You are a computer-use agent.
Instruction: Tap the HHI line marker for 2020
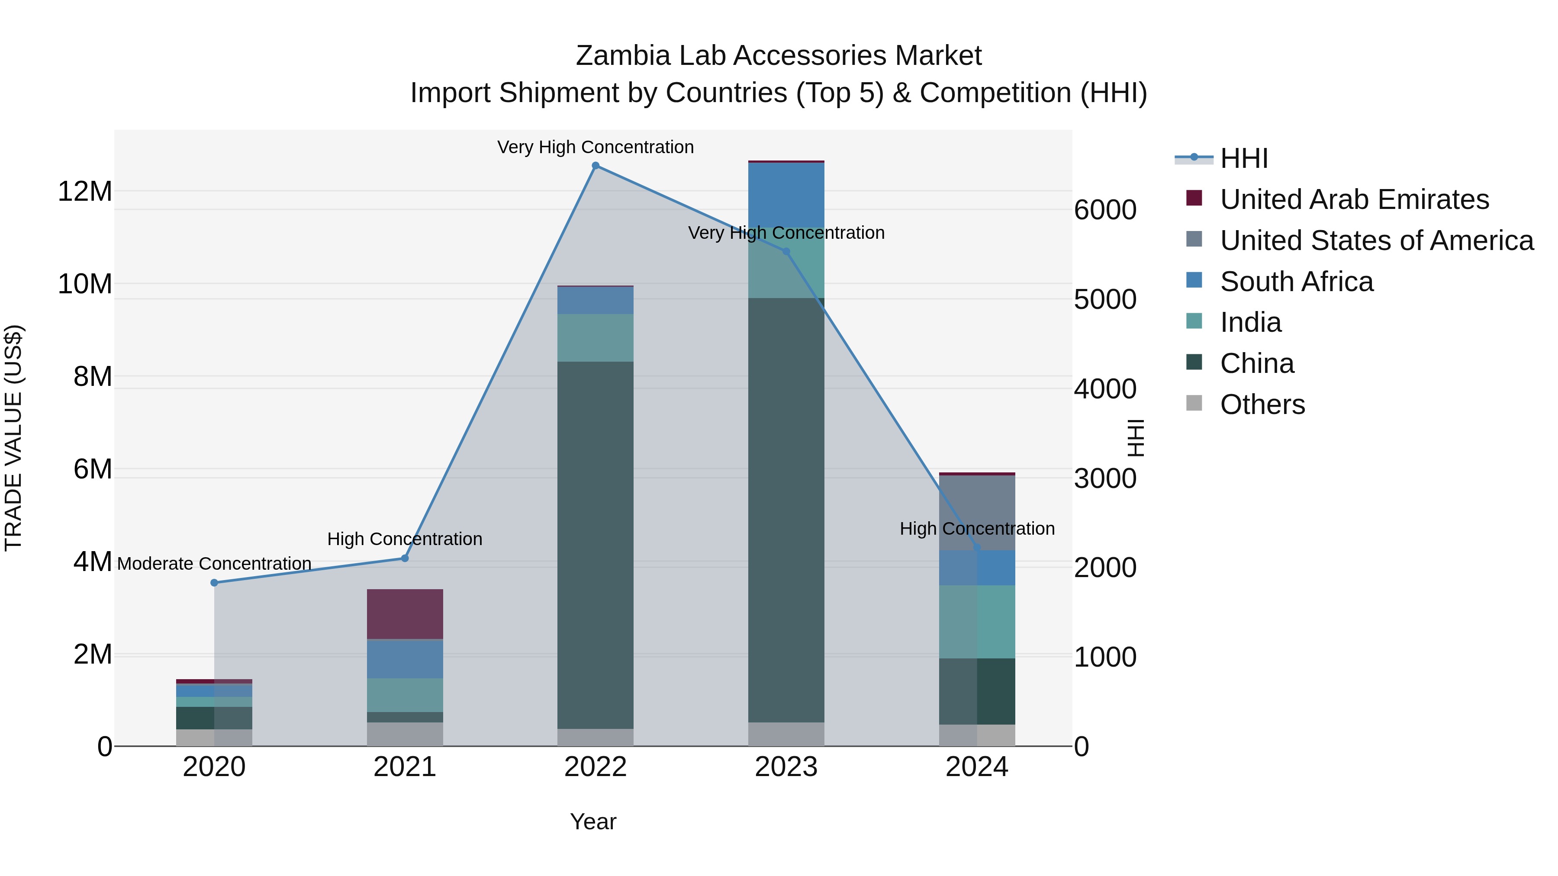click(214, 583)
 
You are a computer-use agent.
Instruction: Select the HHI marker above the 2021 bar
click(405, 558)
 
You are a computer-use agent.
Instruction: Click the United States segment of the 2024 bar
click(977, 512)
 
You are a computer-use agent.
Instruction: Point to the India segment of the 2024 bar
click(977, 622)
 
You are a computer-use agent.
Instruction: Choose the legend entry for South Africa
click(1296, 282)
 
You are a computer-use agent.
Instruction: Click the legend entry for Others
click(1262, 404)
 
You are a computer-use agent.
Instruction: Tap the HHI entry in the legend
click(1243, 158)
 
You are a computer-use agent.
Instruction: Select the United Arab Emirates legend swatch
click(1194, 198)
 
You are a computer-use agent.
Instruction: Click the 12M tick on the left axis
click(85, 192)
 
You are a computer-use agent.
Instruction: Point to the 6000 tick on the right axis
click(1104, 210)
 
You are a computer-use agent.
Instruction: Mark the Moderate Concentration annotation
click(214, 563)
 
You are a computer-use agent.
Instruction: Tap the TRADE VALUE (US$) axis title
click(13, 438)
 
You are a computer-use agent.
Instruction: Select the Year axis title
click(593, 821)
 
